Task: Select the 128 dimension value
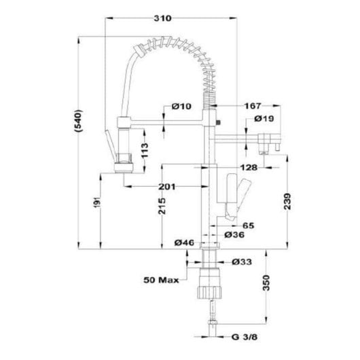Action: point(247,167)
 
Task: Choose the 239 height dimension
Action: point(289,202)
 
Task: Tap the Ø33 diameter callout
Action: point(241,261)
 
